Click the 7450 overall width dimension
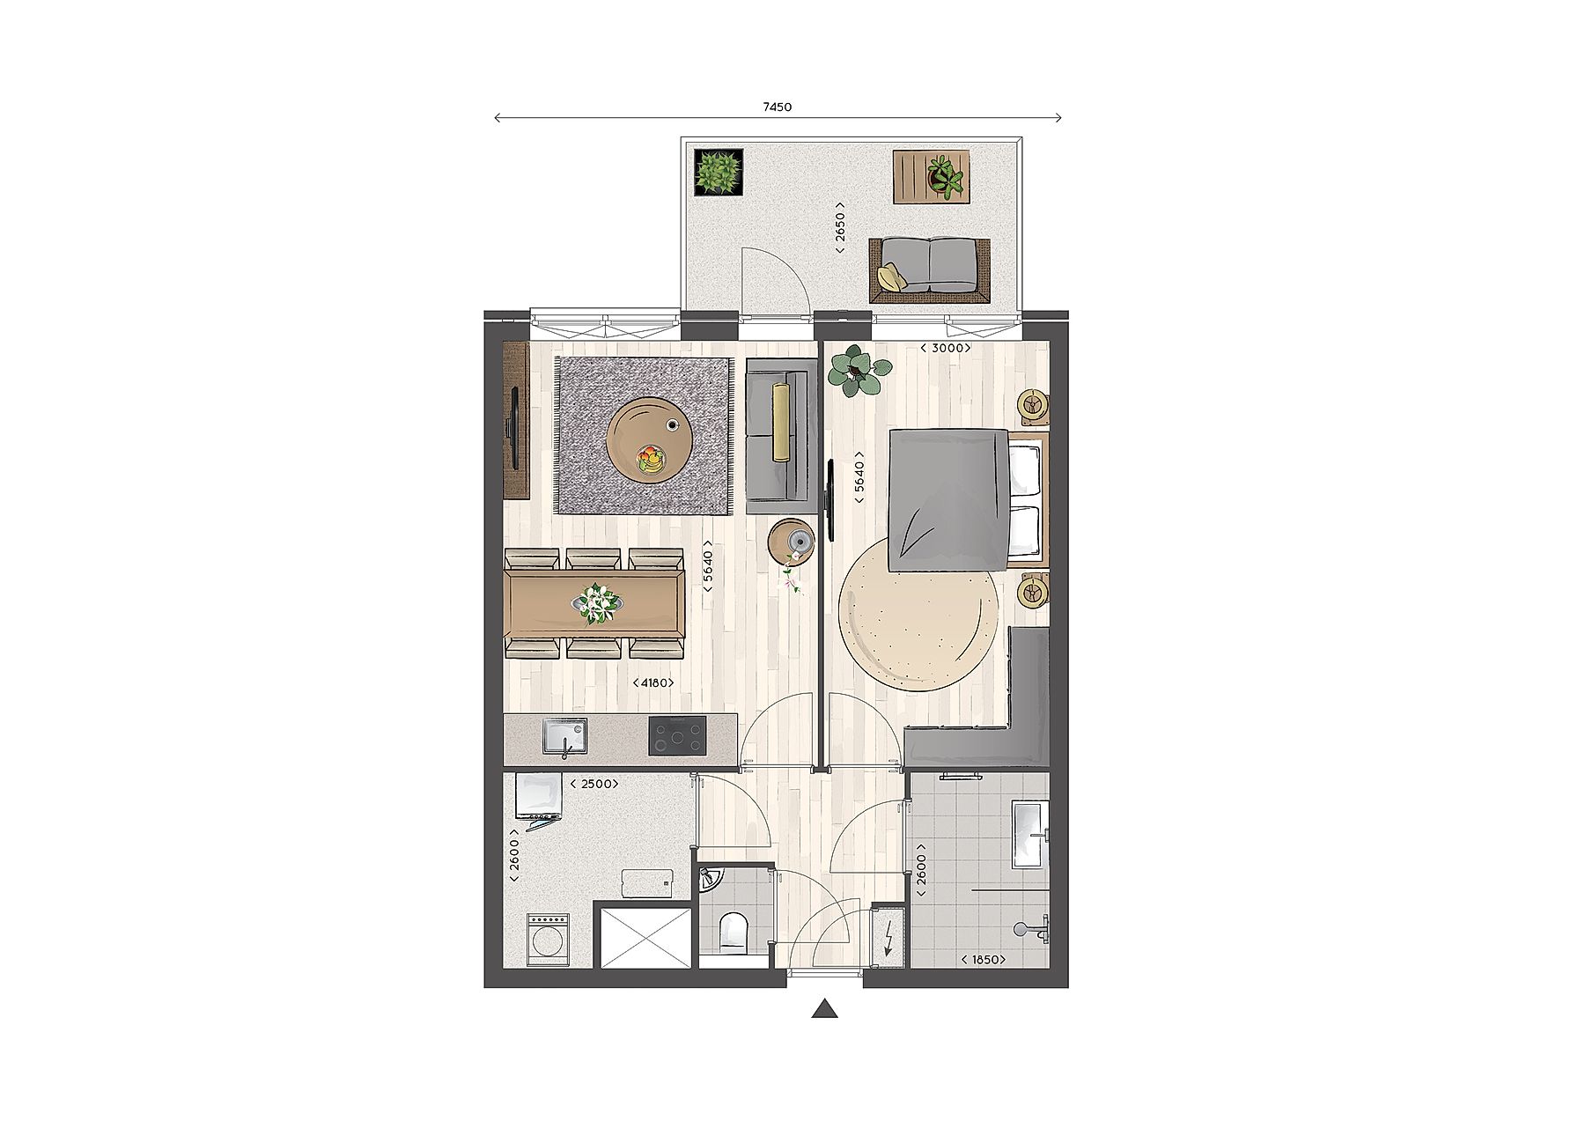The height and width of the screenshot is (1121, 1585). click(777, 107)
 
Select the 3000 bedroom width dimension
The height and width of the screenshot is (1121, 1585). click(946, 348)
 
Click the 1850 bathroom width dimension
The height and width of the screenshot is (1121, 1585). click(983, 960)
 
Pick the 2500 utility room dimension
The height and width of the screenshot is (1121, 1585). click(594, 784)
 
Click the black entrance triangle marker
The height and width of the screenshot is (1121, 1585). click(823, 1009)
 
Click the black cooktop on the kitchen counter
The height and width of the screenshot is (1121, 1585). click(677, 736)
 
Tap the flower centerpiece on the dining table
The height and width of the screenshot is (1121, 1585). click(595, 603)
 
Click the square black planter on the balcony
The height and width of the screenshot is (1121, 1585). click(719, 172)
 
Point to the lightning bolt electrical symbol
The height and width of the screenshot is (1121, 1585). click(888, 939)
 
